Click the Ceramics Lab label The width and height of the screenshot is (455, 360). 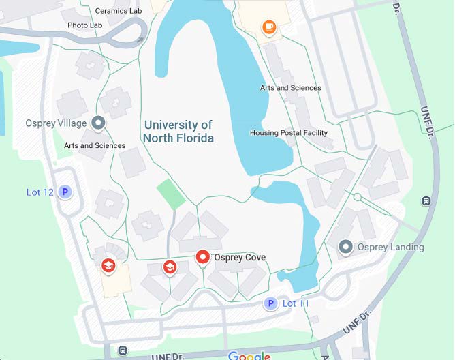(119, 11)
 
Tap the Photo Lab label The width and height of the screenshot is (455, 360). (85, 25)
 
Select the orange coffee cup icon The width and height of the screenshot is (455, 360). (269, 27)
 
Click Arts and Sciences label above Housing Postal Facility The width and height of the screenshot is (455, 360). (291, 88)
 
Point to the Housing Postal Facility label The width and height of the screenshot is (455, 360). (289, 133)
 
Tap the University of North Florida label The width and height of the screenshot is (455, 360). (178, 132)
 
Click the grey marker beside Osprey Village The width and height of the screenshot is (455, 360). (99, 123)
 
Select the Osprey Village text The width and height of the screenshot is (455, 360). (56, 123)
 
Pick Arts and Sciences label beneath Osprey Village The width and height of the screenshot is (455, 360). (95, 145)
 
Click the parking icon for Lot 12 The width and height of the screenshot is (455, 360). (65, 192)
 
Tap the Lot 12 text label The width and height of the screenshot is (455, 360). (40, 192)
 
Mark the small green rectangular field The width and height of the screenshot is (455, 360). (170, 194)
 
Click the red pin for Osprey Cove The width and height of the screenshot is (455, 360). (202, 257)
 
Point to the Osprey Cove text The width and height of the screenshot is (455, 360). (240, 258)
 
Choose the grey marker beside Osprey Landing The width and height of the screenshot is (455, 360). (345, 247)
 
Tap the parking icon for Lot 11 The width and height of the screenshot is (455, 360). (270, 303)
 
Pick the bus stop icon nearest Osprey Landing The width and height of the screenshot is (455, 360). (426, 201)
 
